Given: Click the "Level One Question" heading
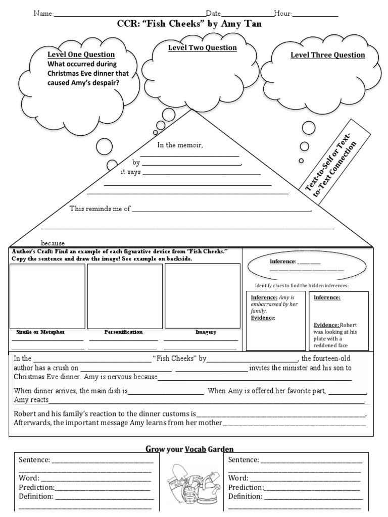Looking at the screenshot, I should point(81,55).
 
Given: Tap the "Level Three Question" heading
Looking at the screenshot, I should point(327,55).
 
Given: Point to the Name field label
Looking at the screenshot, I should point(43,14).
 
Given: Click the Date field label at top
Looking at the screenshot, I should point(213,14).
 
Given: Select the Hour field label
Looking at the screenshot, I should point(283,14).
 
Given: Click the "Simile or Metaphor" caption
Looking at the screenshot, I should point(40,332).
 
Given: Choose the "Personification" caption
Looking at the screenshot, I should point(124,332).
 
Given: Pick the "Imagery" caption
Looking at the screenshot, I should point(206,332).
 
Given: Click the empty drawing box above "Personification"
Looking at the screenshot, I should point(125,296).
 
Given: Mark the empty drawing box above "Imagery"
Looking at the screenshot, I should point(202,296).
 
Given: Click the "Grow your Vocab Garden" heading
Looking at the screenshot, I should point(189,449).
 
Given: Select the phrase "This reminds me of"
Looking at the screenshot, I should point(100,209).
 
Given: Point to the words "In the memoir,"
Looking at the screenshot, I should point(180,145).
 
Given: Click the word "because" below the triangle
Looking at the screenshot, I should point(53,243).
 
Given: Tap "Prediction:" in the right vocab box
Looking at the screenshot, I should point(246,487).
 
